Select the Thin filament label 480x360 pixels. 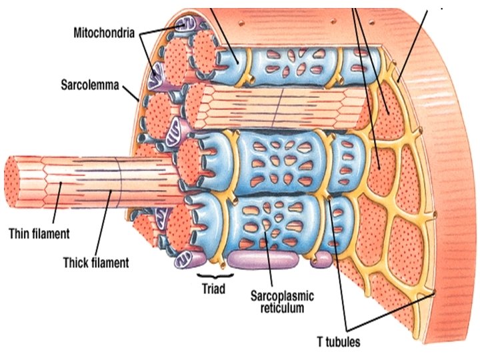[x=39, y=234]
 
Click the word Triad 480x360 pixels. [x=215, y=289]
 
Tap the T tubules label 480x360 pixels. [x=339, y=343]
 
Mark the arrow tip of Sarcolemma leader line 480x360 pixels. [x=140, y=101]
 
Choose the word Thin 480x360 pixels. [x=20, y=234]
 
